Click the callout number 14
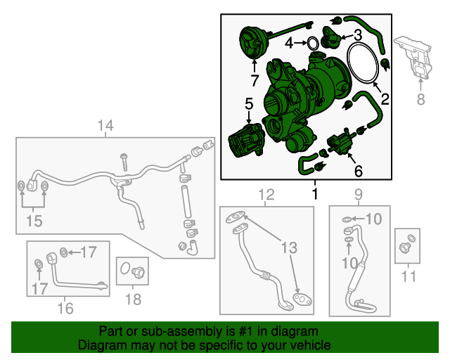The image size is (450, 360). coord(105,126)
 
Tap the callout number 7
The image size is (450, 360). coord(255,80)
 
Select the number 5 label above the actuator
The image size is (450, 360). coord(249,103)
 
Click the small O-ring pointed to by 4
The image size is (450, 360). coord(312,44)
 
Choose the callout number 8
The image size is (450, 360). coord(420,99)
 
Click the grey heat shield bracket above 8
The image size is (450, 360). coord(413,58)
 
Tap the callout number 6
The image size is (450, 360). coord(359,171)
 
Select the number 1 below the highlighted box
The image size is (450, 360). coord(315,194)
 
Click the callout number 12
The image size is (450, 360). coord(266,194)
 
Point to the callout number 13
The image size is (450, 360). coord(289,247)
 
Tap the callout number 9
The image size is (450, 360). coord(359,194)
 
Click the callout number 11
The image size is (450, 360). coord(409,276)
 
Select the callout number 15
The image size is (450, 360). coord(34,221)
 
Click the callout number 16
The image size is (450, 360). coord(65,309)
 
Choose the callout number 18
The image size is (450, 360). coord(133,299)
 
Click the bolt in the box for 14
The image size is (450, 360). coord(124,162)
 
